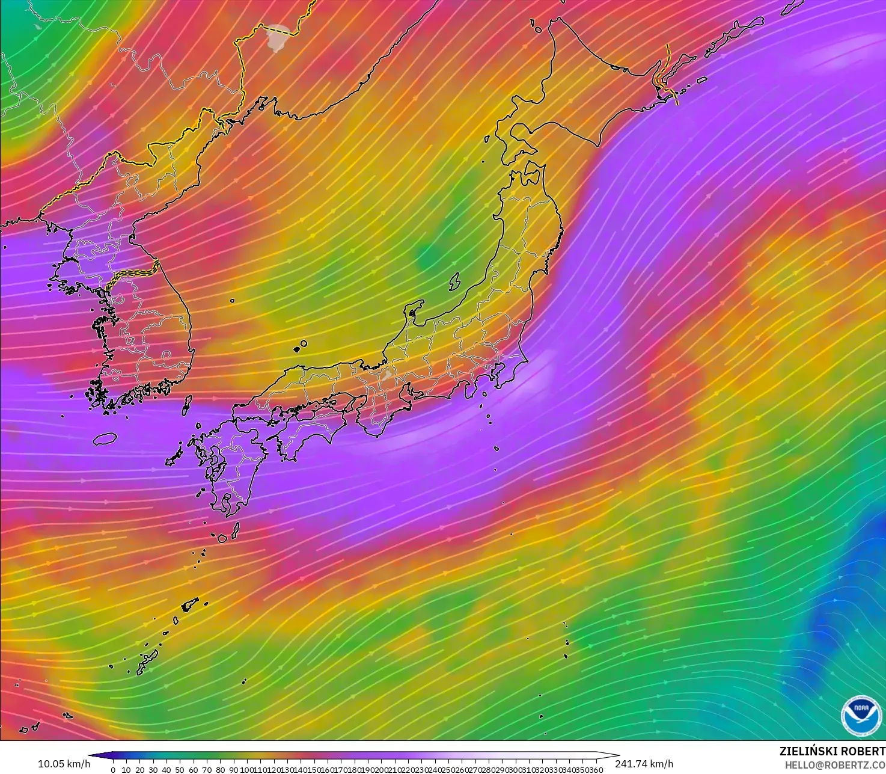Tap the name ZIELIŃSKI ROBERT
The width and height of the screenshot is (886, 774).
832,752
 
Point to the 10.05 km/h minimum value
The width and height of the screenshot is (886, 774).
64,764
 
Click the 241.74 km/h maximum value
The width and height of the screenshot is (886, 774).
644,764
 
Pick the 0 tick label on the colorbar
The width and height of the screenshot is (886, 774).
112,770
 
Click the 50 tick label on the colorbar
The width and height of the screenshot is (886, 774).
180,770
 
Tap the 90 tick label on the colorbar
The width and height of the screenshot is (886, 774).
233,770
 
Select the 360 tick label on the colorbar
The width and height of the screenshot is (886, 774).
596,770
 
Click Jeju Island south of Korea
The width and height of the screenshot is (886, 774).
105,438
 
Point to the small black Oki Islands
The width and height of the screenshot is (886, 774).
299,346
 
